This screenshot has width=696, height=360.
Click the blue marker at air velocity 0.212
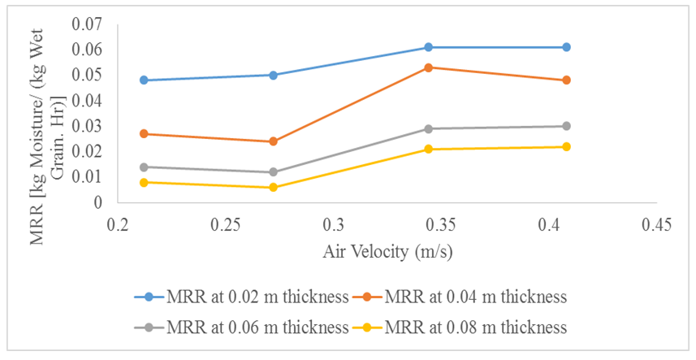point(144,80)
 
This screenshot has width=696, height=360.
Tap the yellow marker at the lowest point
point(273,188)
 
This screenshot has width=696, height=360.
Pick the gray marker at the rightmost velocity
point(566,126)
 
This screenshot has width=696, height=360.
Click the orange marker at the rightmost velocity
point(566,80)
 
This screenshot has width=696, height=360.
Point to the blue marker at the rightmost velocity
point(566,47)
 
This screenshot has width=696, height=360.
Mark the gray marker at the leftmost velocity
point(144,167)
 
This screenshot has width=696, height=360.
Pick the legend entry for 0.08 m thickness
point(462,327)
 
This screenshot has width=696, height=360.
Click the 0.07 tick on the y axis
point(88,24)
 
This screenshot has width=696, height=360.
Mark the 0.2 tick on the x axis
point(119,224)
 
